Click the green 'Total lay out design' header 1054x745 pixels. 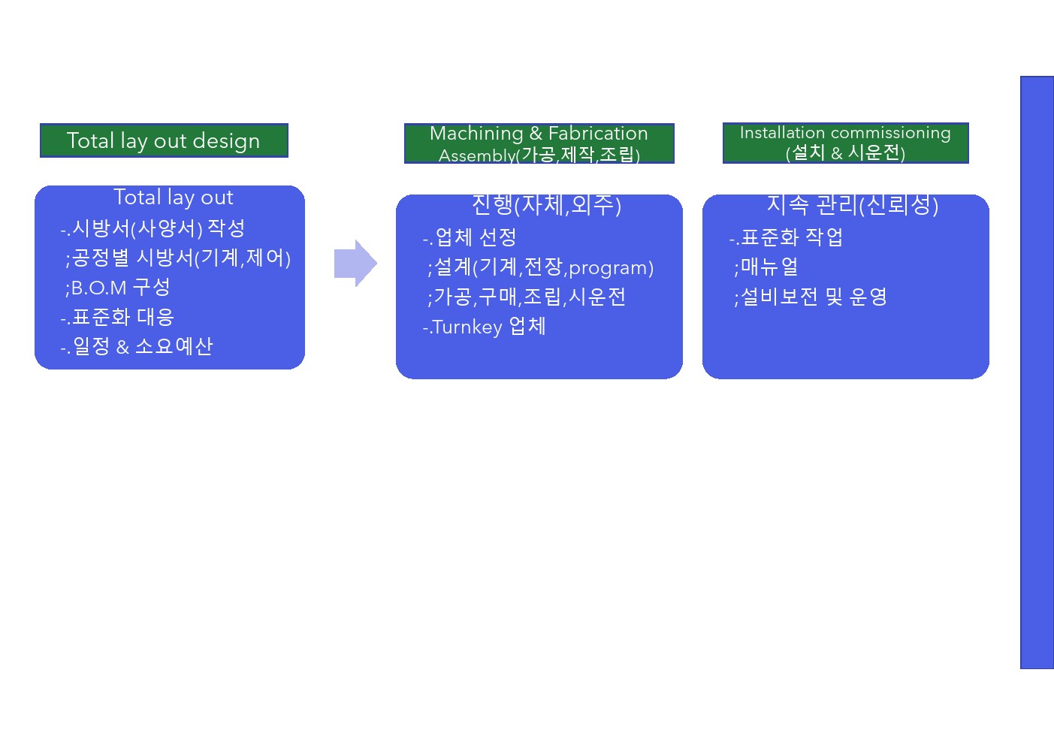coord(164,140)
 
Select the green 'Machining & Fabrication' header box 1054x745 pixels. coord(539,143)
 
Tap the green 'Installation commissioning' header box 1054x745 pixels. coord(845,143)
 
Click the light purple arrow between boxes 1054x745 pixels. coord(355,263)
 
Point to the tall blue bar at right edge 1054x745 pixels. coord(1037,372)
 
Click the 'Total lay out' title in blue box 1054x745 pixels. coord(173,198)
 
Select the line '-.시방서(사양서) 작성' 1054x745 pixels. coord(153,228)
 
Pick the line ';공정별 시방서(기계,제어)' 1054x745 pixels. coord(177,258)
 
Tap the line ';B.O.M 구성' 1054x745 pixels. coord(118,287)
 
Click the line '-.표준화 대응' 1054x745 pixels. coord(117,317)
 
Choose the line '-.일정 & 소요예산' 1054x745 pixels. coord(137,346)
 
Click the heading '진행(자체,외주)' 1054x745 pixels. coord(546,204)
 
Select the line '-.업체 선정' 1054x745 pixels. coord(470,237)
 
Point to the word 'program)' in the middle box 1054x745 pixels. coord(611,267)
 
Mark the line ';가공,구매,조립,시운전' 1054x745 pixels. coord(526,297)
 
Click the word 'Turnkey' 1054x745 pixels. coord(467,327)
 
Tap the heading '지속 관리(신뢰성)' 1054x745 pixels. coord(852,204)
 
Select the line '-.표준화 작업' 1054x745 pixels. coord(786,237)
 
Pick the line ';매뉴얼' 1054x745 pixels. coord(766,267)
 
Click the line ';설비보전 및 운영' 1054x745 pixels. coord(810,297)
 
